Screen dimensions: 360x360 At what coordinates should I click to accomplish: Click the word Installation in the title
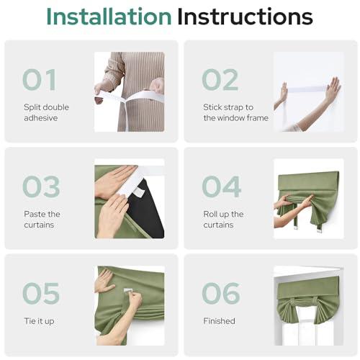108,16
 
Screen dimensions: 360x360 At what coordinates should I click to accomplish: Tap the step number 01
40,79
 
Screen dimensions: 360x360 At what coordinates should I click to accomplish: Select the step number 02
220,79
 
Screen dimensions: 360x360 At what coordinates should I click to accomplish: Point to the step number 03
40,186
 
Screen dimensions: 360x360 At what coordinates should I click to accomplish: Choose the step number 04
221,186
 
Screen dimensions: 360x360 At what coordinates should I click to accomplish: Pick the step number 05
40,293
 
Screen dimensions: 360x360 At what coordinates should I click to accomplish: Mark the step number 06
220,293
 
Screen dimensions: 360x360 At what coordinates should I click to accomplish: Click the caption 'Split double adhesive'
46,113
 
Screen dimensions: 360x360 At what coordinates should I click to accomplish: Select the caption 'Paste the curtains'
42,220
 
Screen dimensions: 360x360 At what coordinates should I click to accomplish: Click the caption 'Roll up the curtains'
222,220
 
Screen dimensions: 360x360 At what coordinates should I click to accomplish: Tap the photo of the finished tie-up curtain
308,306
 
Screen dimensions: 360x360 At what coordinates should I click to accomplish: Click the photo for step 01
129,91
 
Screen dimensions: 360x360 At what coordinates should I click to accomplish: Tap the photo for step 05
129,305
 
